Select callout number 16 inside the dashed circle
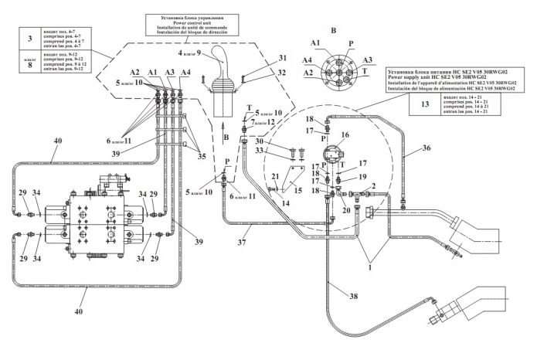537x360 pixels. pos(345,135)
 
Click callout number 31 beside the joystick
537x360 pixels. pos(260,59)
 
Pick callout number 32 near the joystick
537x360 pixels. pos(260,72)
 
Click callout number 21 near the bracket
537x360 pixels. pos(274,178)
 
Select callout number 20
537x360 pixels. pos(346,211)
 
